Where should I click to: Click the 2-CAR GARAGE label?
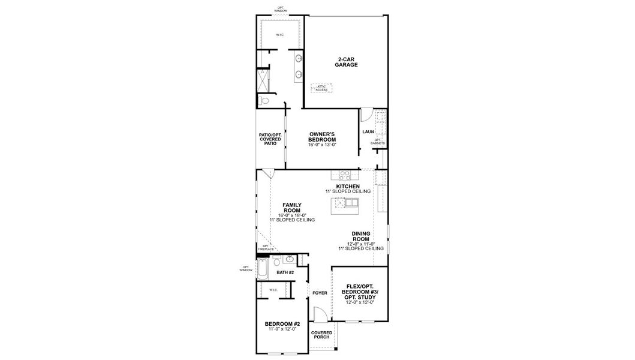(x=347, y=62)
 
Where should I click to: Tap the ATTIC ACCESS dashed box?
(x=323, y=88)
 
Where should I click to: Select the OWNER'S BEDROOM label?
(x=322, y=139)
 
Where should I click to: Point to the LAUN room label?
(x=368, y=131)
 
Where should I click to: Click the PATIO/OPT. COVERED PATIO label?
(x=270, y=139)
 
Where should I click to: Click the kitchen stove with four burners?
(x=345, y=176)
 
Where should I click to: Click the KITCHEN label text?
(x=348, y=187)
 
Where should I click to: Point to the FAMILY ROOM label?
(x=292, y=208)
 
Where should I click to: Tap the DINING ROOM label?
(x=361, y=236)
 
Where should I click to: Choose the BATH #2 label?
(x=285, y=272)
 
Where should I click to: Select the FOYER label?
(x=320, y=293)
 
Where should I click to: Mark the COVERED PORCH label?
(x=321, y=335)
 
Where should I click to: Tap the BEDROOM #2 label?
(x=282, y=324)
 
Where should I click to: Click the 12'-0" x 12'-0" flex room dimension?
(x=360, y=302)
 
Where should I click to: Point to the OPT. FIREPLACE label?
(x=265, y=247)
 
